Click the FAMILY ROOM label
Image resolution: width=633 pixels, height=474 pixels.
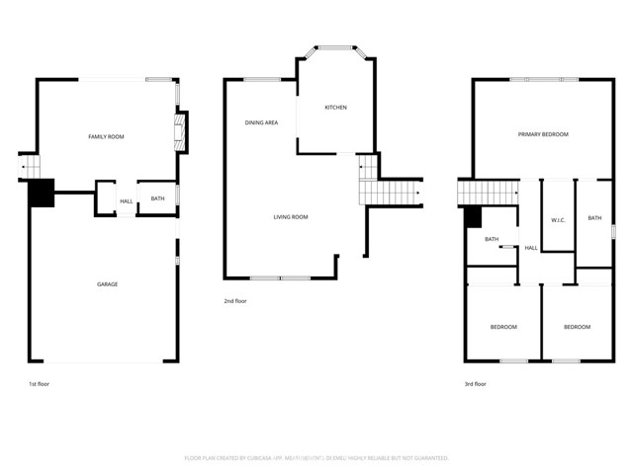[105, 136]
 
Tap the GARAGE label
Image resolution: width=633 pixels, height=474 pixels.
[107, 284]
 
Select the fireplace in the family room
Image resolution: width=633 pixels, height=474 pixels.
[180, 131]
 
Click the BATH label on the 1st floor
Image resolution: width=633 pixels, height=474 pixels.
[157, 199]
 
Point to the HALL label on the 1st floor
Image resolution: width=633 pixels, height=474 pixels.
[127, 201]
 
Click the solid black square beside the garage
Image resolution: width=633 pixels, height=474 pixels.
[41, 194]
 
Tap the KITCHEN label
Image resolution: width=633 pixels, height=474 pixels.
[335, 108]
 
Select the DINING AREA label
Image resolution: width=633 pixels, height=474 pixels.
[261, 122]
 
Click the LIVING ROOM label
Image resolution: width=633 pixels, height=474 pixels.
[291, 217]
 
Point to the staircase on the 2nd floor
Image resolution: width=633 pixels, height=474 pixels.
[391, 188]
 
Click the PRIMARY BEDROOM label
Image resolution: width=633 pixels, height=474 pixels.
[543, 134]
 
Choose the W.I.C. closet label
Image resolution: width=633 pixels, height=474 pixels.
[558, 219]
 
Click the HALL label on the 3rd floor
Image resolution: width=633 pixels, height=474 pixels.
[531, 248]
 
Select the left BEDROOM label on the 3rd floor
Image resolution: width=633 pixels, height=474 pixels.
[503, 327]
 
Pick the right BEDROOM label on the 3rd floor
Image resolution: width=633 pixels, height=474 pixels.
[577, 327]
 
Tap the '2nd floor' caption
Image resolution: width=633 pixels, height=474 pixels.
[235, 301]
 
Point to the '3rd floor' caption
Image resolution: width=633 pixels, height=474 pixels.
[475, 384]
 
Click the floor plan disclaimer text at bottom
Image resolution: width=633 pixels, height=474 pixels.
[316, 458]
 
